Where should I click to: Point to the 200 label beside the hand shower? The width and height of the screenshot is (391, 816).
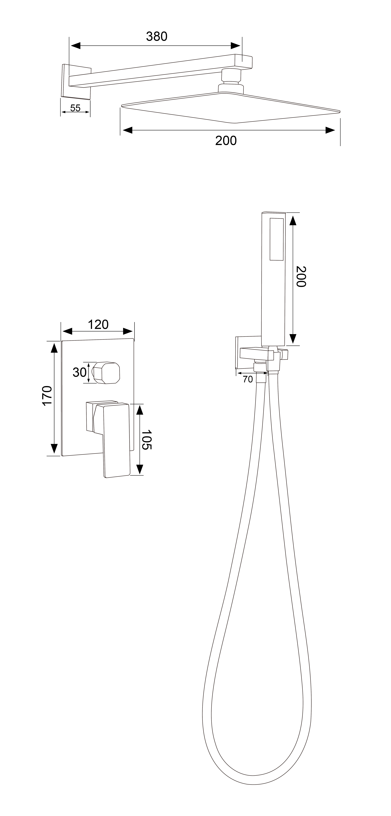click(301, 277)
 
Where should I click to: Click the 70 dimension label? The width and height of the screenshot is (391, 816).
click(248, 379)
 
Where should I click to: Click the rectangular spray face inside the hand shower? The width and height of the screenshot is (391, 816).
click(276, 239)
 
